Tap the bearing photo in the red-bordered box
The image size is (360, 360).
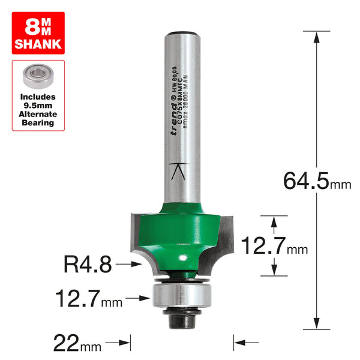click(38, 76)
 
